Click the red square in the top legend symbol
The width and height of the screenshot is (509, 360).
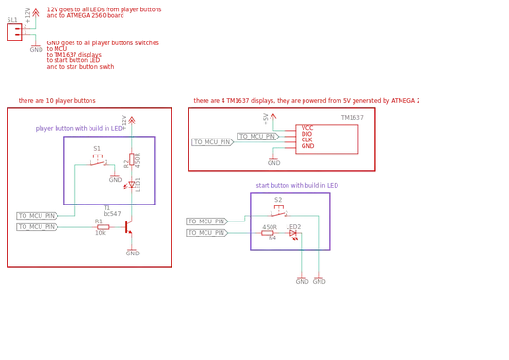point(11,31)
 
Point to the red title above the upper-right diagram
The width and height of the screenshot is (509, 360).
point(304,98)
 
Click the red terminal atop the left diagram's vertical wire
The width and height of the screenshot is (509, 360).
point(133,117)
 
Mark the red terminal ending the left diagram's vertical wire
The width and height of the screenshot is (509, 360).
point(133,253)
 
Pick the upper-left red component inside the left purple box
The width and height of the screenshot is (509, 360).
point(97,154)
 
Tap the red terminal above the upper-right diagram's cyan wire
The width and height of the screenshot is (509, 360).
point(266,117)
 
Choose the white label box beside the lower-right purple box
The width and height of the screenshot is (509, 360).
point(205,226)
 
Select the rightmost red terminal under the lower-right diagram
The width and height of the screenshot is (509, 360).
point(321,278)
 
